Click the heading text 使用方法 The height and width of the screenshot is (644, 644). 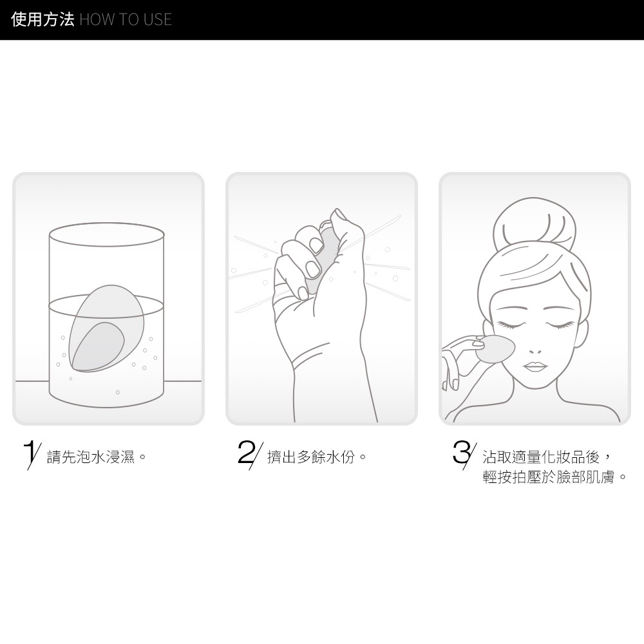tap(43, 19)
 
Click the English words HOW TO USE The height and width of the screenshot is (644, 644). tap(126, 20)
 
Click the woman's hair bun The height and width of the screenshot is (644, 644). tap(534, 222)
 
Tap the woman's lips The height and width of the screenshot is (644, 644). tap(535, 366)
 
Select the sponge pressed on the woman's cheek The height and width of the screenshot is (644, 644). tap(495, 348)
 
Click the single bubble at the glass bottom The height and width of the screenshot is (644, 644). tap(117, 392)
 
